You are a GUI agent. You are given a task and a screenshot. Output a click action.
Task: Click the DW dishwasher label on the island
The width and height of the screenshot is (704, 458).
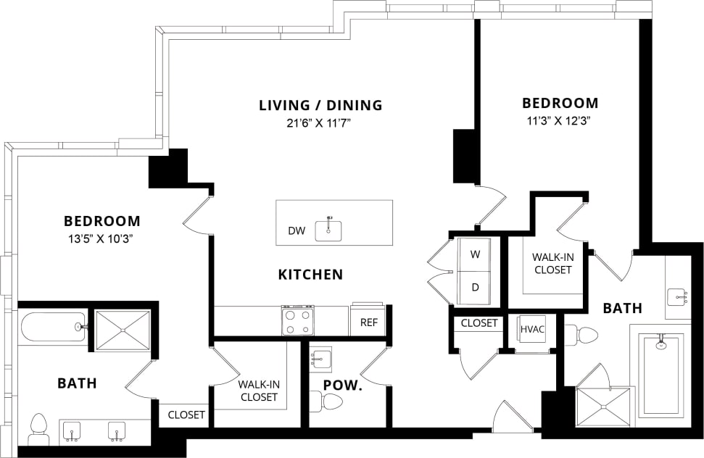(x=296, y=231)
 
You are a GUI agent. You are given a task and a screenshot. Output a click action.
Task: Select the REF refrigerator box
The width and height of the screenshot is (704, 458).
(x=368, y=322)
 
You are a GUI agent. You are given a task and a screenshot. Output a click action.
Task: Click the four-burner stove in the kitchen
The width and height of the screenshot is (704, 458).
(x=297, y=320)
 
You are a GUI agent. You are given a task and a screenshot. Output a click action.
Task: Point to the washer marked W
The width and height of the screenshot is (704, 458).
(x=476, y=254)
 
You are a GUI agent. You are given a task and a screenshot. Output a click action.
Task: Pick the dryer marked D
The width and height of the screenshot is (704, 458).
(x=476, y=287)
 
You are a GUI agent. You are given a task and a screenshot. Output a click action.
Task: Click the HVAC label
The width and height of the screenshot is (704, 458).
(x=531, y=329)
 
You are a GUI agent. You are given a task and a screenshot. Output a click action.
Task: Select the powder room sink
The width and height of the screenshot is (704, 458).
(x=320, y=358)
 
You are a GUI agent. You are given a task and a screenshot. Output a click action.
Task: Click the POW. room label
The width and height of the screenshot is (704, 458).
(x=342, y=386)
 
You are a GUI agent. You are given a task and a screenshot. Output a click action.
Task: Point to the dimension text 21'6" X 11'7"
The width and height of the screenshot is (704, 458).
(x=320, y=124)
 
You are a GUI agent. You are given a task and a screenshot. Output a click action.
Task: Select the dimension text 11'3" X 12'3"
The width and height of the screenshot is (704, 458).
(x=560, y=121)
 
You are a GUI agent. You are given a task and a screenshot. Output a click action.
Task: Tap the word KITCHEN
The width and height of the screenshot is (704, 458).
(x=310, y=275)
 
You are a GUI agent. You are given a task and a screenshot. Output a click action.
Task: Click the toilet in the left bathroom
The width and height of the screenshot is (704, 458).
(x=38, y=429)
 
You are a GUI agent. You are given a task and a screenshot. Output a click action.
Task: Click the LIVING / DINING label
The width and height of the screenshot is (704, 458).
(x=320, y=105)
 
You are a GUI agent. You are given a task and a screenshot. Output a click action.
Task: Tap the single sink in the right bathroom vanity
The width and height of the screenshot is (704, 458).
(x=677, y=296)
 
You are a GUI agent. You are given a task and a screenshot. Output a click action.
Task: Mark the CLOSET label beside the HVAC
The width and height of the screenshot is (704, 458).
(x=479, y=323)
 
